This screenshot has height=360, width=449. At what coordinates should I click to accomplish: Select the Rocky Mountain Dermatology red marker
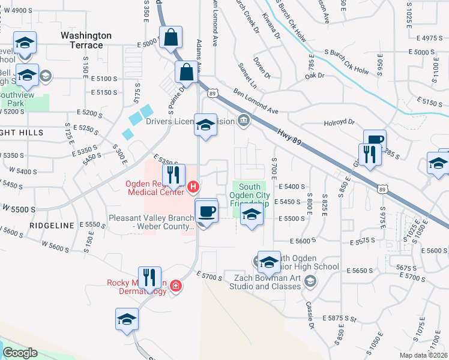175,286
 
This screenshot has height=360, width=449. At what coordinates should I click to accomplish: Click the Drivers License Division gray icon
243,121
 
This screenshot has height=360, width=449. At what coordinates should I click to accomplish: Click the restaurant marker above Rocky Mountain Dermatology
149,277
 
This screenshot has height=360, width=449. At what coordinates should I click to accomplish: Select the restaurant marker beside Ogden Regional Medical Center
173,175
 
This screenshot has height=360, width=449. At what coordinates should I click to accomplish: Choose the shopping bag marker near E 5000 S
172,37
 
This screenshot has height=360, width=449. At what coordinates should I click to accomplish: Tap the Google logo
20,353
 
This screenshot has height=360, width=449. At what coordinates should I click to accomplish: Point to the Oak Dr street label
314,76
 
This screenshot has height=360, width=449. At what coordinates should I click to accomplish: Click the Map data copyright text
423,355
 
